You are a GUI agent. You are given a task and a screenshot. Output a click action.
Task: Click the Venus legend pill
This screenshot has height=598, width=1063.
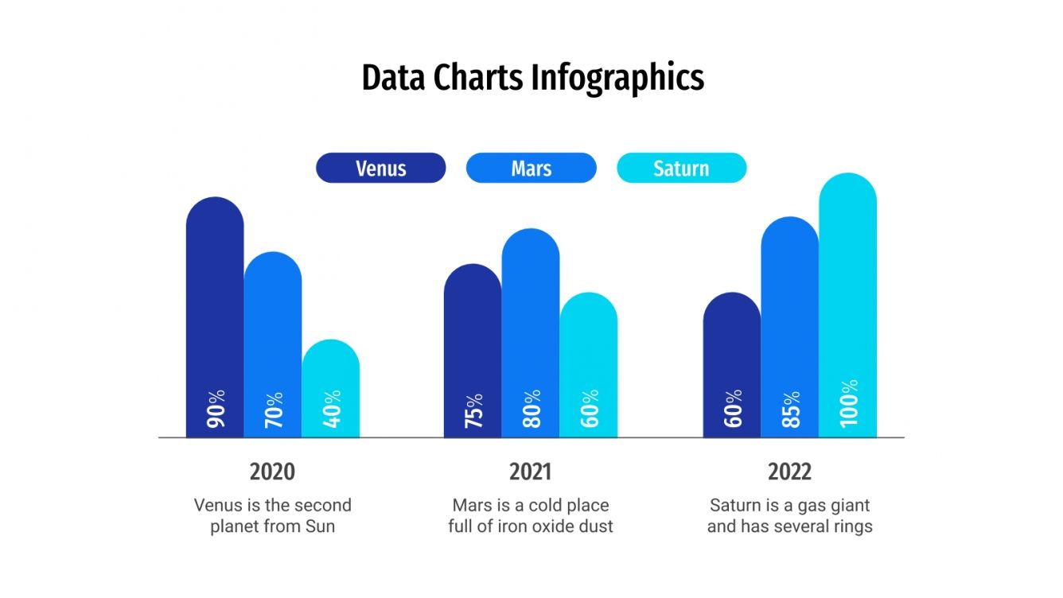point(380,168)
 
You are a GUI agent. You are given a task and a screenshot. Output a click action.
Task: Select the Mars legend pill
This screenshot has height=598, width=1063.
point(531,168)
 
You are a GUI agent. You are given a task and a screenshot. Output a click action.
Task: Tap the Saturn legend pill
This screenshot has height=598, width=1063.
point(681,168)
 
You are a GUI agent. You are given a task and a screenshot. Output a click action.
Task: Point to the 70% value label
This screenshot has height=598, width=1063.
point(274,410)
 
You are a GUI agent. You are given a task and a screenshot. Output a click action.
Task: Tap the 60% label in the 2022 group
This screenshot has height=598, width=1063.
point(733,408)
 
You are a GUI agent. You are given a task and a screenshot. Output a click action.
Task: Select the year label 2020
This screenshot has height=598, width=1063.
point(272,472)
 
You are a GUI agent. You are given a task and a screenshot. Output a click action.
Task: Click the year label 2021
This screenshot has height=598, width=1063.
point(531,472)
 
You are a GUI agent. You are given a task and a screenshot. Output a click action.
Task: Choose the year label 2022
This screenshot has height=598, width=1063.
point(789,472)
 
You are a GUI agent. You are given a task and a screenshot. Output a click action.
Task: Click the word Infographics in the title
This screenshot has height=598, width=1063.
point(617,79)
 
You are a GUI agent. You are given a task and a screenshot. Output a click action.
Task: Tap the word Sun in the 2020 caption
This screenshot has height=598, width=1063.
point(320,526)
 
